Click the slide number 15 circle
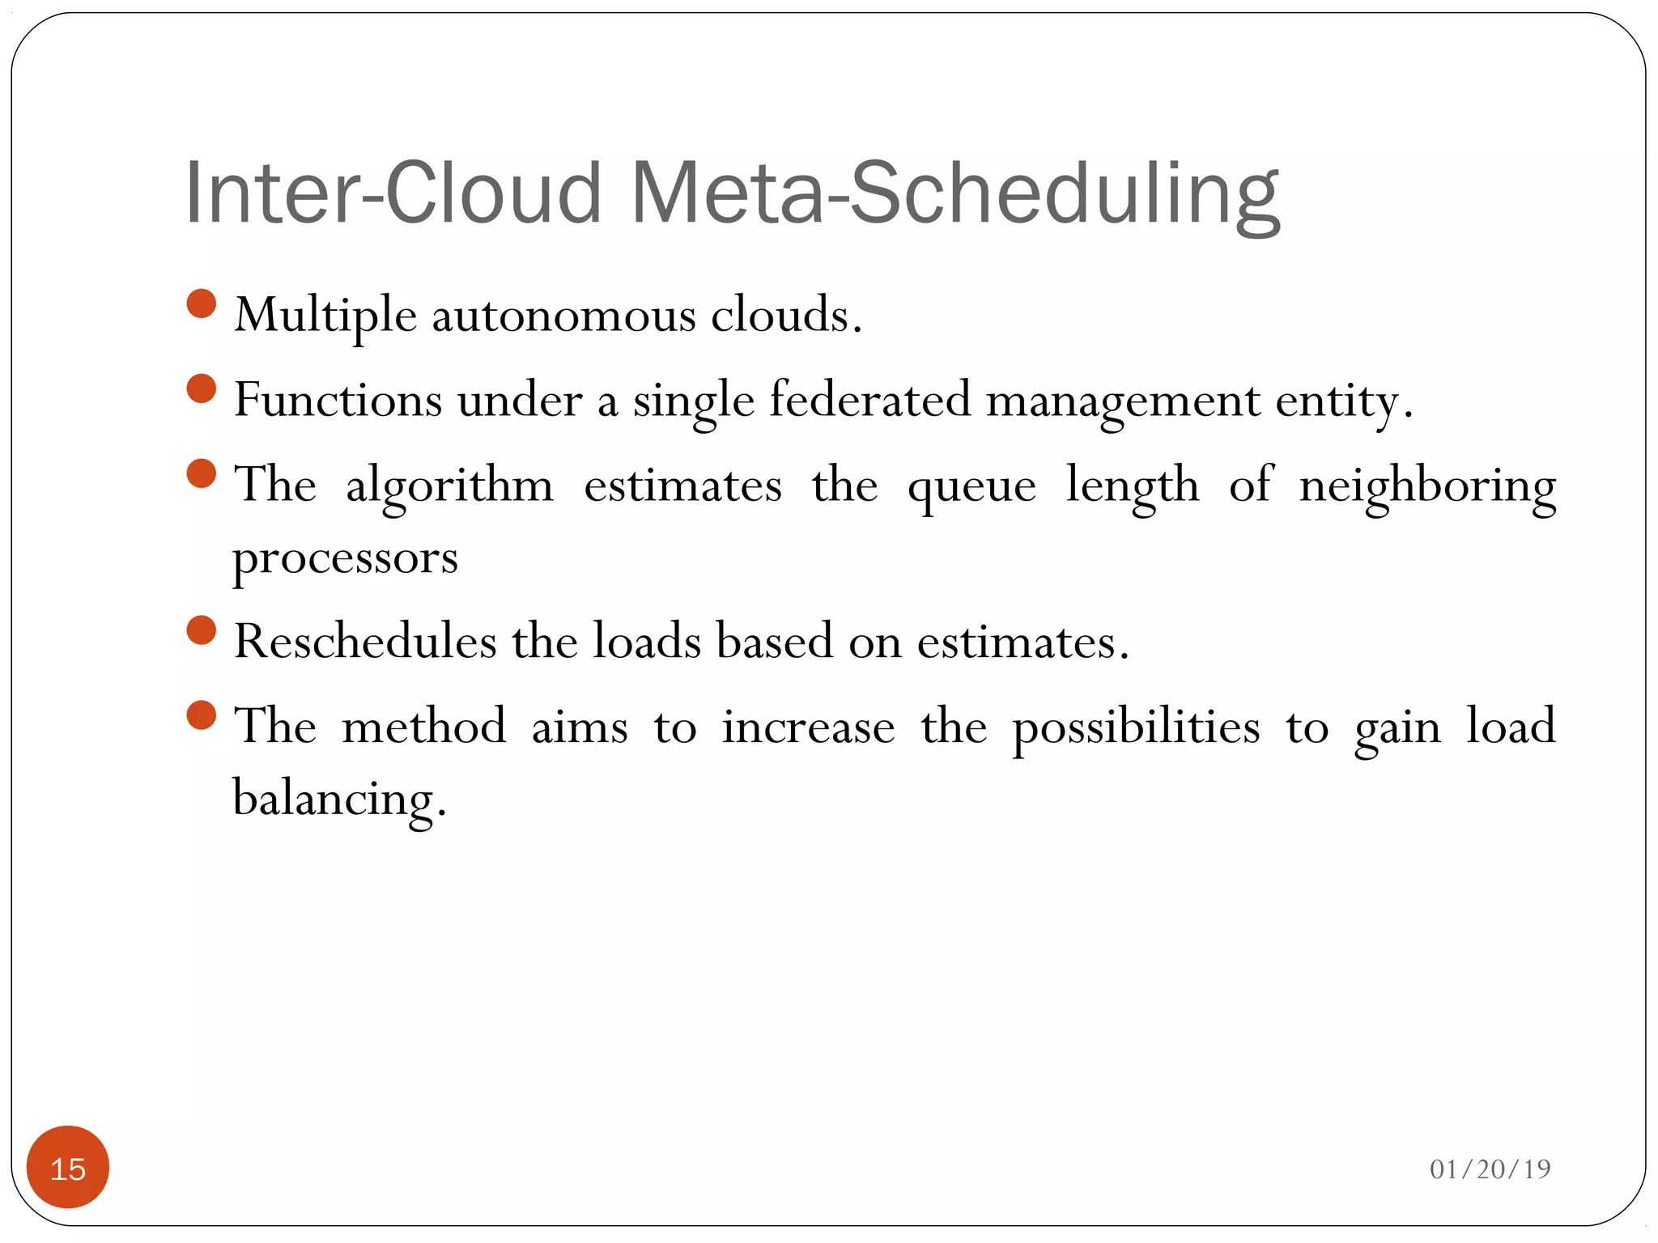(68, 1168)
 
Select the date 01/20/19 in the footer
(1490, 1169)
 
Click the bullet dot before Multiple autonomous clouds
(201, 304)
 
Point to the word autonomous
(563, 316)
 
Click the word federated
(869, 400)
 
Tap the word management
(1123, 401)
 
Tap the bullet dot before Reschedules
(201, 630)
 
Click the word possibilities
(1136, 727)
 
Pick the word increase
(808, 727)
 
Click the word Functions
(338, 400)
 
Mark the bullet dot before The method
(201, 715)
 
